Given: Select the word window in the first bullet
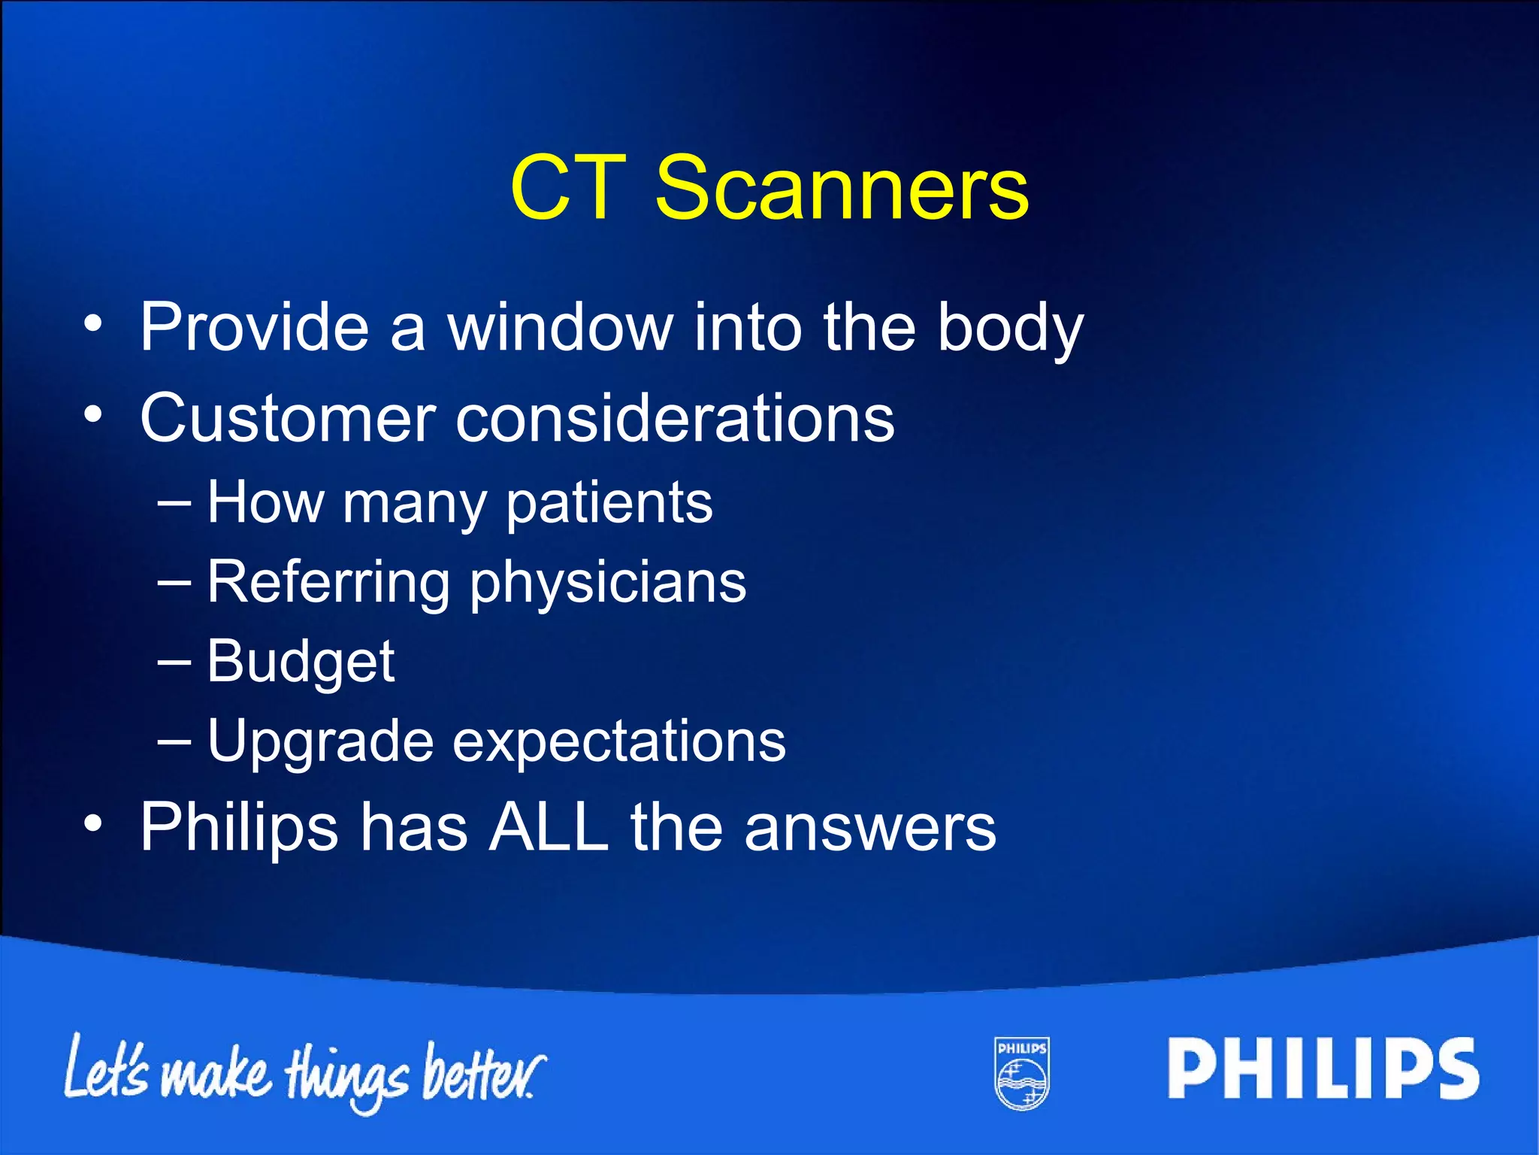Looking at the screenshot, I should tap(561, 328).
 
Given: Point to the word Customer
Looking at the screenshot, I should tap(288, 418).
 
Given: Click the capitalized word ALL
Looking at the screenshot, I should tap(549, 827).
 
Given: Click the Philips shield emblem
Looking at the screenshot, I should tap(1022, 1073).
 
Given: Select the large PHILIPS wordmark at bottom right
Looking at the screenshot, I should tap(1323, 1069).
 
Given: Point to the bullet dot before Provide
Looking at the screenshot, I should tap(92, 324).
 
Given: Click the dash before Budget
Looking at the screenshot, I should tap(174, 662).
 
